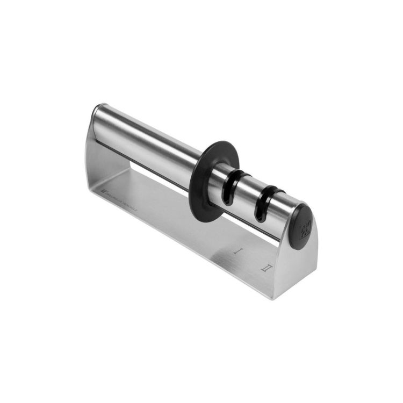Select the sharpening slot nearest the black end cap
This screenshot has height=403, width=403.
click(x=266, y=200)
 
